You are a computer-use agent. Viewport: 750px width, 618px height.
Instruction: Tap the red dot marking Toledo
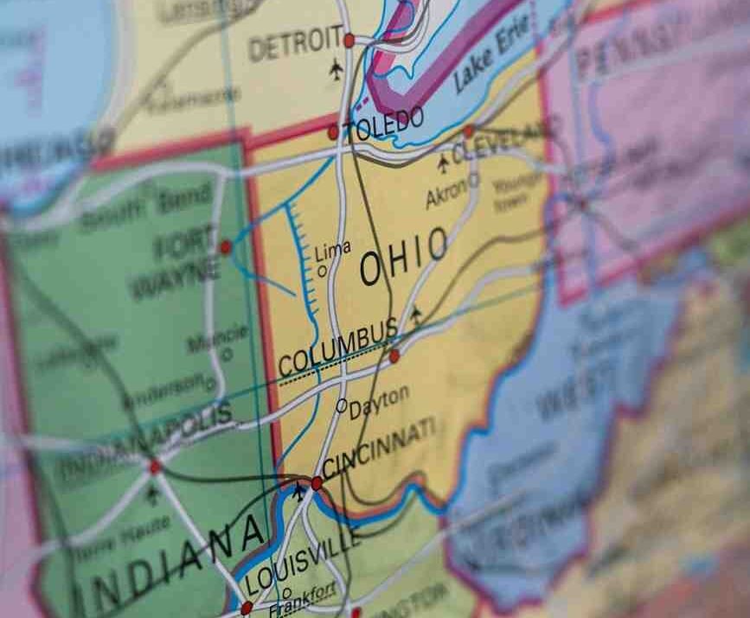point(333,132)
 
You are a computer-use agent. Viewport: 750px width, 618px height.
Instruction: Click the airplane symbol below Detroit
point(337,70)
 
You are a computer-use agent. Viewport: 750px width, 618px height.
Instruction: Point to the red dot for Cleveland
point(469,131)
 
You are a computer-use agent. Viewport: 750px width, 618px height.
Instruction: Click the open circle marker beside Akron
point(473,181)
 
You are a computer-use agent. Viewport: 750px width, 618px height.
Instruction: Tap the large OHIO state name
point(404,257)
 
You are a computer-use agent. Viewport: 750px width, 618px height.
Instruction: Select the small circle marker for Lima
point(323,271)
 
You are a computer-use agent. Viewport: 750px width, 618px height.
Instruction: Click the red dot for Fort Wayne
point(226,247)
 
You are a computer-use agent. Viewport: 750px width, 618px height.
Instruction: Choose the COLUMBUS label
point(337,347)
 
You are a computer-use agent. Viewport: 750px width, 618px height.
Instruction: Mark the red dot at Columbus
point(394,355)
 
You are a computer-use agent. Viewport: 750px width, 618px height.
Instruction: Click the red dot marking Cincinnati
point(317,483)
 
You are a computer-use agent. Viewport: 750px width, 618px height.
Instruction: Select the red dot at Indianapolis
point(155,467)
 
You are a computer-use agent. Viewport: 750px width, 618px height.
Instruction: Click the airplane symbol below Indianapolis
point(153,495)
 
